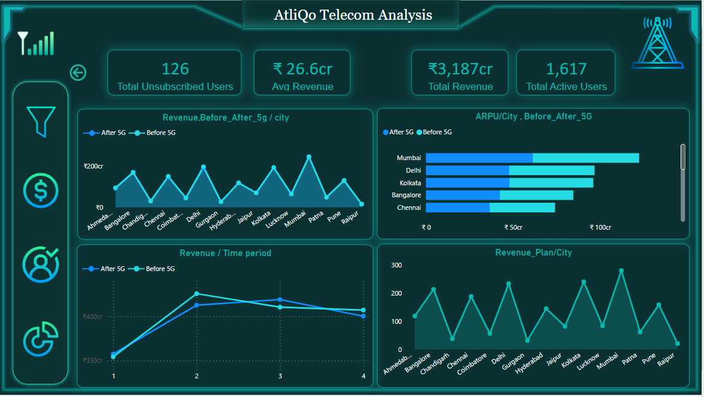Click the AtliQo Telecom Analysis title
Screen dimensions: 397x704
point(352,15)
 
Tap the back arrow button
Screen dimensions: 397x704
point(78,73)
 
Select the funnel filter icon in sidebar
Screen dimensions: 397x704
point(41,121)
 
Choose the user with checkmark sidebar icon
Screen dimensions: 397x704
point(40,264)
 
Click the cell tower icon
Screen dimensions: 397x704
point(657,43)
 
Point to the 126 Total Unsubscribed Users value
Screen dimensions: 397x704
point(175,68)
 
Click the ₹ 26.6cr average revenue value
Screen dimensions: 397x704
point(302,68)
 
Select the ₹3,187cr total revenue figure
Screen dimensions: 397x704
point(460,68)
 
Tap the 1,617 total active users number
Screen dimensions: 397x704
point(566,68)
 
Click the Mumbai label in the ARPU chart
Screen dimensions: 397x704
point(409,158)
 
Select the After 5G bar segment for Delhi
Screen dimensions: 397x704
point(467,170)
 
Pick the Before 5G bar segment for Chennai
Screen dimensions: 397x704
point(522,207)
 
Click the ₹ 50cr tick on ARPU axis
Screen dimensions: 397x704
point(513,228)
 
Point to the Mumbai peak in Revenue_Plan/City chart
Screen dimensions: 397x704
point(621,270)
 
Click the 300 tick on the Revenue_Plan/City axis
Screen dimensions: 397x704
point(396,265)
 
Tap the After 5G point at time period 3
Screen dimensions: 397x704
point(280,299)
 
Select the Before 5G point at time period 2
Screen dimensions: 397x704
point(196,294)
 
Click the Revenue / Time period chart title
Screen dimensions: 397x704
point(225,253)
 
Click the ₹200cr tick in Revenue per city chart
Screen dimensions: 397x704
point(93,166)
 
